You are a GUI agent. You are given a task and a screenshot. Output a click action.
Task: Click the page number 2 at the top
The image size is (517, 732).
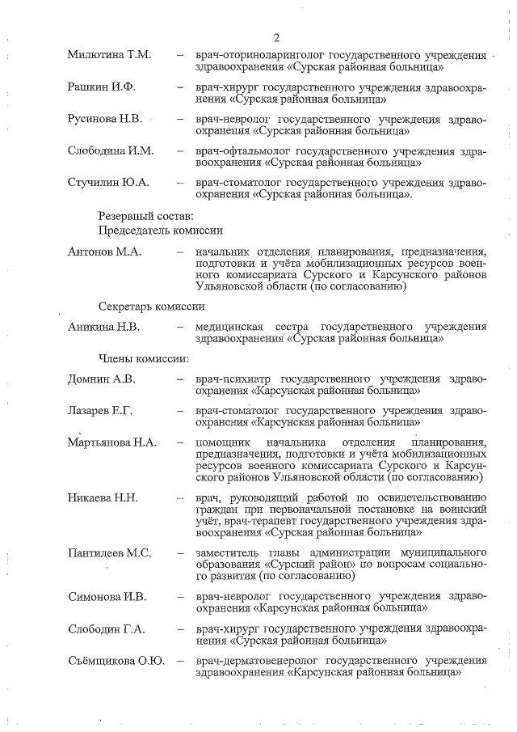[x=276, y=38]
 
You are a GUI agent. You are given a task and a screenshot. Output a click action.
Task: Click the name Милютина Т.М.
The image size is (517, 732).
[x=110, y=55]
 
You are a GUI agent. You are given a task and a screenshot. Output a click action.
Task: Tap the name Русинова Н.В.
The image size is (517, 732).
[x=105, y=119]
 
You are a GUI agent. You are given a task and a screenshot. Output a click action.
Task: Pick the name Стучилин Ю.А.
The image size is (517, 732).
[x=108, y=182]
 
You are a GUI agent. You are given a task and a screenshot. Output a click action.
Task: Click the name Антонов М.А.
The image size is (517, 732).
[x=104, y=252]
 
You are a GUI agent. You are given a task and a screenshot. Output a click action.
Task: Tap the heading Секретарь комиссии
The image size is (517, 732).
[x=151, y=307]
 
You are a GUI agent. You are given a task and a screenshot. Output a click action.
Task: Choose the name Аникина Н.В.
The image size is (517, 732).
[x=103, y=327]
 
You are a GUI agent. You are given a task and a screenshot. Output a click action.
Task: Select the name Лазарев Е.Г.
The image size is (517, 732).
[x=100, y=411]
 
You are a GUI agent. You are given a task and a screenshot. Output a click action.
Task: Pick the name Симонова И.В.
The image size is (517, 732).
[x=106, y=597]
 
